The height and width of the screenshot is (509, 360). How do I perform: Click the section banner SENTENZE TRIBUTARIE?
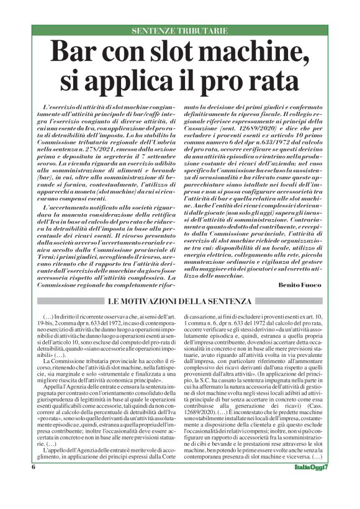click(x=180, y=30)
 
